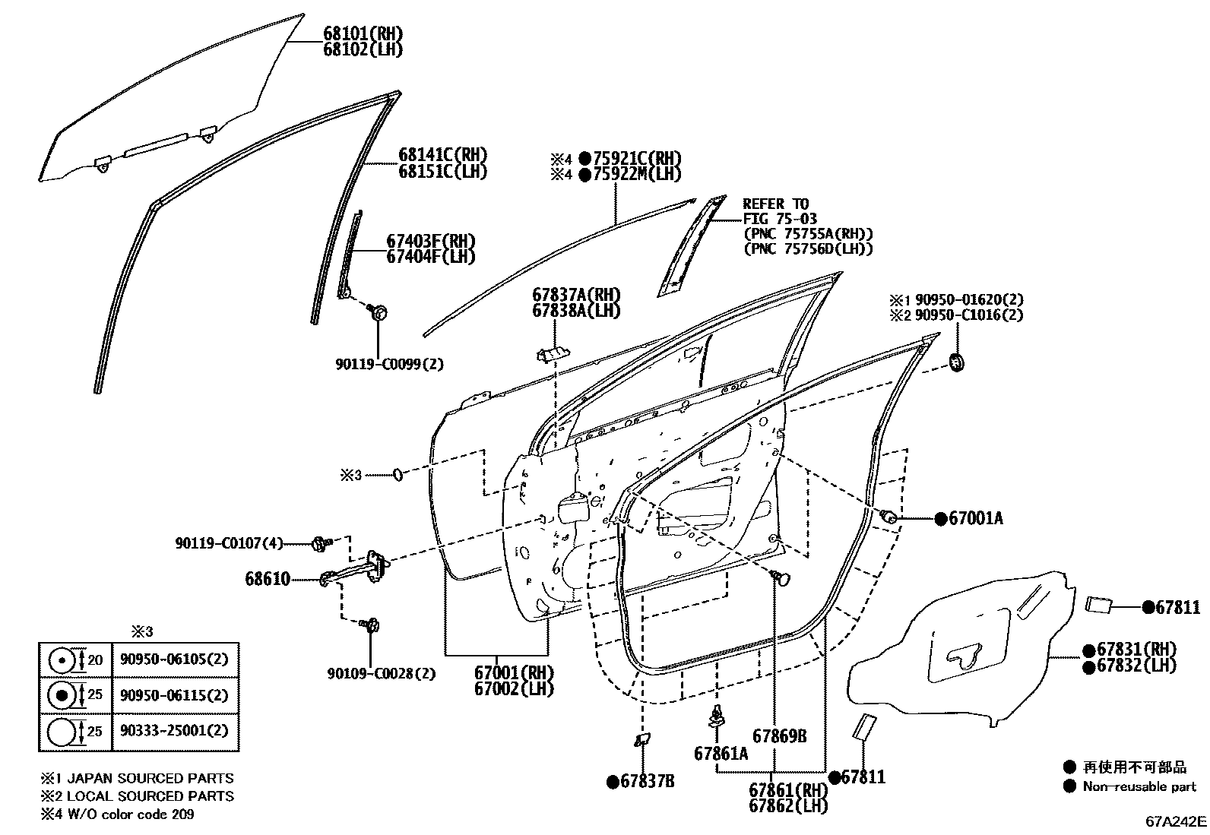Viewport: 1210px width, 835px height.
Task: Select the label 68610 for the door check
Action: pos(268,579)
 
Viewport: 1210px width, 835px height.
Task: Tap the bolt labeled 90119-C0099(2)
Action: pos(379,311)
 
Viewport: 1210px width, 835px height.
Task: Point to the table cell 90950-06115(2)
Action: pos(174,694)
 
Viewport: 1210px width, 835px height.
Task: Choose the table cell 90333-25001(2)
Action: pos(174,731)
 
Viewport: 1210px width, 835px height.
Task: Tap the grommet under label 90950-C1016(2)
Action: pos(957,363)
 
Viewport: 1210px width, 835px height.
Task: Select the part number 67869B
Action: pos(779,736)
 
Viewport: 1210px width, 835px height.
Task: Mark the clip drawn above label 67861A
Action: pos(716,716)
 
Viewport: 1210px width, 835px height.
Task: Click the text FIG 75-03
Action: pos(780,219)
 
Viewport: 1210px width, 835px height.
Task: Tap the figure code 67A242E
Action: pos(1176,821)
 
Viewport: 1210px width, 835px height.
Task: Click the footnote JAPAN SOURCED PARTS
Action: pos(150,778)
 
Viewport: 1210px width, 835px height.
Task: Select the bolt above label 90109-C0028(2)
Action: pos(372,626)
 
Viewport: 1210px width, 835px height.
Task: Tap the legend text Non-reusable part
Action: pos(1139,787)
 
